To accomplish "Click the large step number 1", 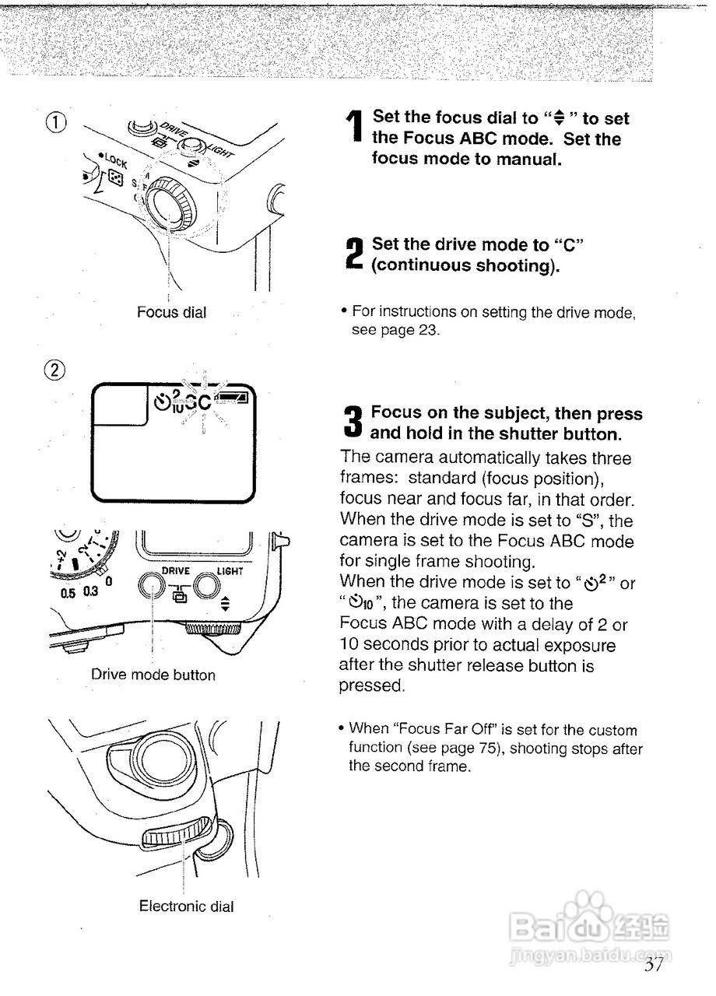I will click(354, 138).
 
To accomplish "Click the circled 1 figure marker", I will click(55, 122).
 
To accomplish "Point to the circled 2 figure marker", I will click(56, 369).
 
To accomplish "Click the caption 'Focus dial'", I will click(172, 312).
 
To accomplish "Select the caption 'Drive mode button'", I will click(153, 675).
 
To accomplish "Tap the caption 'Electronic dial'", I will click(186, 906).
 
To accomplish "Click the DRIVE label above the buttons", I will click(176, 570).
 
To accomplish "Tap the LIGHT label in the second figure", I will click(230, 570).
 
